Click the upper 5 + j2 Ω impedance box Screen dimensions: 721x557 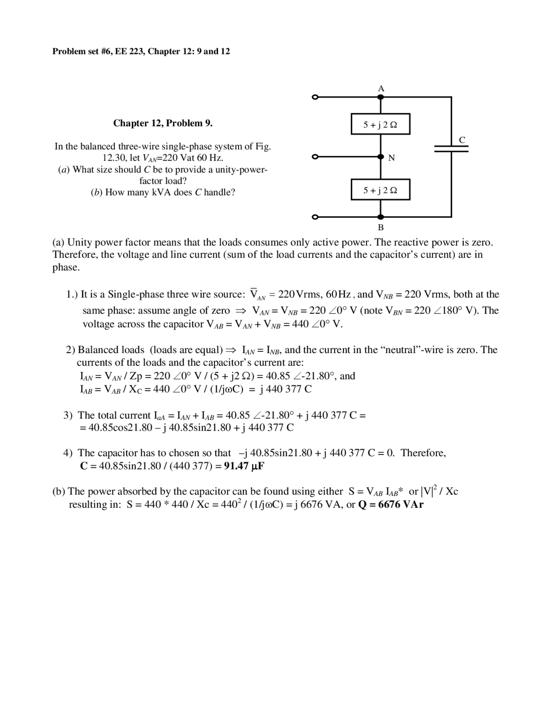pyautogui.click(x=380, y=125)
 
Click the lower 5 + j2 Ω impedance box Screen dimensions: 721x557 pyautogui.click(x=380, y=190)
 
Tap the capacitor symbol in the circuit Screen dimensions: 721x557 pyautogui.click(x=451, y=148)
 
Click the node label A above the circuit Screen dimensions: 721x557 pyautogui.click(x=381, y=89)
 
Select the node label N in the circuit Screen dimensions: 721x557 pyautogui.click(x=391, y=158)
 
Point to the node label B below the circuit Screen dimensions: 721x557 pyautogui.click(x=381, y=227)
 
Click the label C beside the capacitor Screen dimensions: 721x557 pyautogui.click(x=462, y=140)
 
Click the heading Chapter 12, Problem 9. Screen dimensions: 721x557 pyautogui.click(x=163, y=123)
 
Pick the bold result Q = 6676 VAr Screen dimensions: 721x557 pyautogui.click(x=390, y=505)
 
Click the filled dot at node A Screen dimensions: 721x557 pyautogui.click(x=381, y=97)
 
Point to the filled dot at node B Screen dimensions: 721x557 pyautogui.click(x=381, y=217)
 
